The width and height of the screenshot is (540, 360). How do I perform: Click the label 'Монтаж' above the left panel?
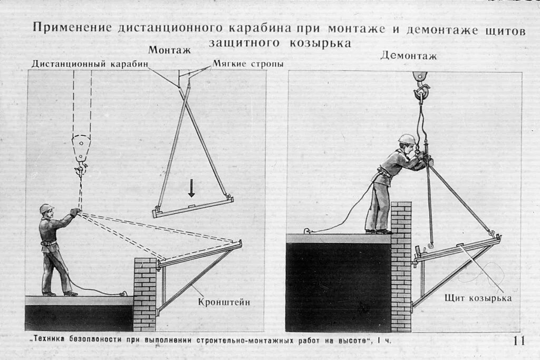169,51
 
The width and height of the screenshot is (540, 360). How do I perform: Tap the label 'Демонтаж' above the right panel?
401,55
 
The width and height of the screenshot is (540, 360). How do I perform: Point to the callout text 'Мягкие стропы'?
248,64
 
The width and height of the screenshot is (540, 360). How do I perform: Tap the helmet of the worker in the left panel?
46,208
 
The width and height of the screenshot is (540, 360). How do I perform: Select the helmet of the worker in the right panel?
406,139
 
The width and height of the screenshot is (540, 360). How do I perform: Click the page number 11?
519,340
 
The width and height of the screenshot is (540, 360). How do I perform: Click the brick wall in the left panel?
144,287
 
